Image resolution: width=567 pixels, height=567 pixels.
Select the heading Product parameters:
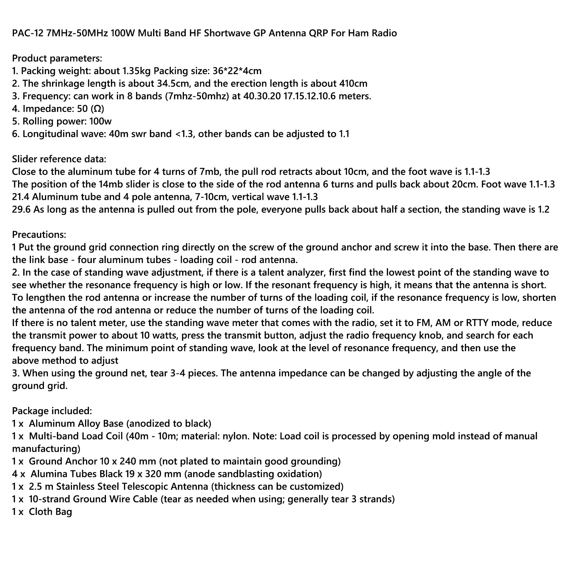[x=57, y=58]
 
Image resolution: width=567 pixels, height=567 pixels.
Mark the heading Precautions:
[x=39, y=235]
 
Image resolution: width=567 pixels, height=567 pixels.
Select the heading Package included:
[x=52, y=411]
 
